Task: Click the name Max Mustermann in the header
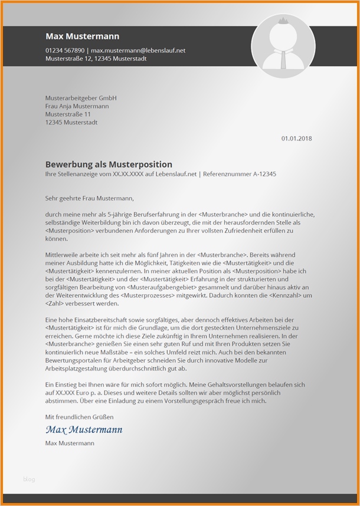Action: [74, 37]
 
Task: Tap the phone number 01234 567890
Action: [65, 51]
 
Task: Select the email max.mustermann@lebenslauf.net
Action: [138, 51]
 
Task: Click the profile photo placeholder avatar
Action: [283, 45]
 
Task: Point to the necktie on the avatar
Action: [284, 58]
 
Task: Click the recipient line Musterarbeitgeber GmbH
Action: [81, 98]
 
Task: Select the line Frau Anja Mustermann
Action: [77, 106]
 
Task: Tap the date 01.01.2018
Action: [296, 139]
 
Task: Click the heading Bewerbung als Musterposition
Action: [109, 165]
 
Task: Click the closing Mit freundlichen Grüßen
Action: [79, 418]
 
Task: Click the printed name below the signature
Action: [69, 443]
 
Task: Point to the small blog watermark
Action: [29, 479]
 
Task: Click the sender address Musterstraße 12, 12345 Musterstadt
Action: [96, 59]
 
